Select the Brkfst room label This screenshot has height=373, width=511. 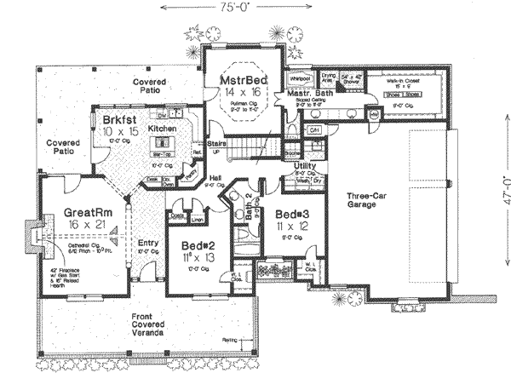pos(118,119)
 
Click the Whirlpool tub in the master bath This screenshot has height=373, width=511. pos(299,77)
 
